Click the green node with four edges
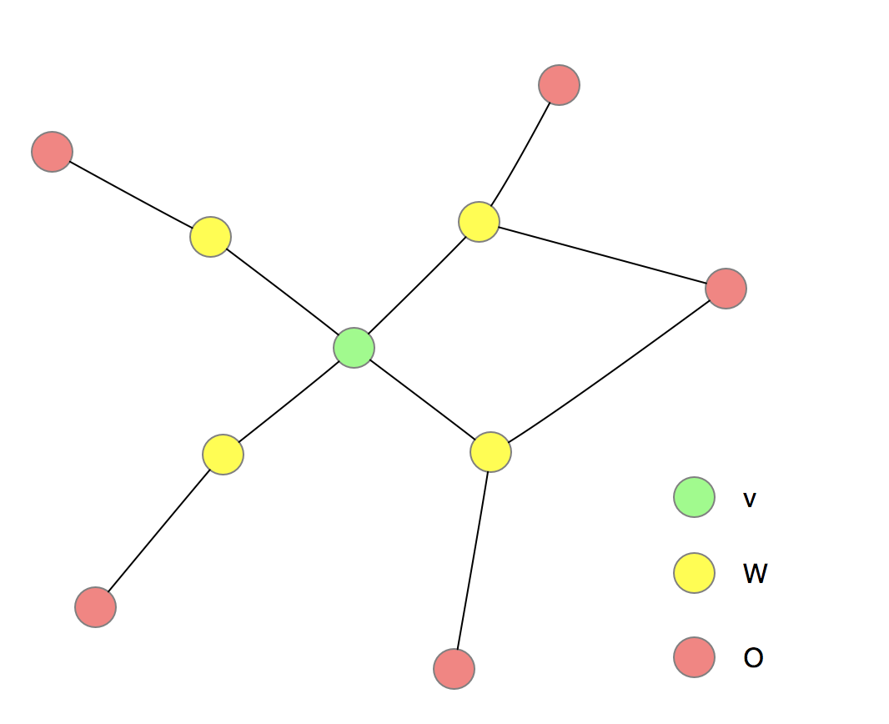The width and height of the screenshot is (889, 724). click(354, 348)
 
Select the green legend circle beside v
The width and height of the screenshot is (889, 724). click(694, 497)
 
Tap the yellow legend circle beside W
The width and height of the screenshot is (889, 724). click(694, 573)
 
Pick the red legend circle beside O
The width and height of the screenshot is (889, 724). click(694, 657)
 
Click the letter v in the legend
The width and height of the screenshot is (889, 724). click(750, 500)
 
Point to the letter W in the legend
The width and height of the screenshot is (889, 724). click(755, 574)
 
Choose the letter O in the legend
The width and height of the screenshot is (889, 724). click(753, 658)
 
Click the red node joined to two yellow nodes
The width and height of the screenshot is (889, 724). click(726, 289)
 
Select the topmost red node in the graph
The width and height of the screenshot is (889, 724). click(559, 85)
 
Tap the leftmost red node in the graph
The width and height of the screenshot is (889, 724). click(53, 152)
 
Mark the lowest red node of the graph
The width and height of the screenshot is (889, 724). click(454, 669)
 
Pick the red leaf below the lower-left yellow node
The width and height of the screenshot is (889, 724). click(95, 607)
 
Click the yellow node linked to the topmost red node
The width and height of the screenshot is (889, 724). click(479, 221)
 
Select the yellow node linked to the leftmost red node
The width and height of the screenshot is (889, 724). click(210, 237)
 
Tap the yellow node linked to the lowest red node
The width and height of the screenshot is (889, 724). click(490, 452)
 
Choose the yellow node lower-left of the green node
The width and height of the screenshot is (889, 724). click(223, 455)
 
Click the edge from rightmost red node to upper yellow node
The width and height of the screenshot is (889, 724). click(602, 254)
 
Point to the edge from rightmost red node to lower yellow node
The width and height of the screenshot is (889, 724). click(608, 370)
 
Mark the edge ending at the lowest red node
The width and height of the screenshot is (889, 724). click(472, 561)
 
